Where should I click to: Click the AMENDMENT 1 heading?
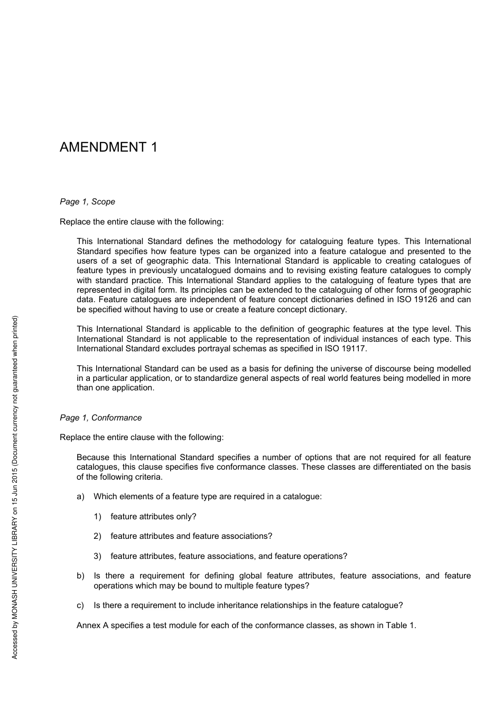[108, 147]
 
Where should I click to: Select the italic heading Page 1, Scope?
[87, 202]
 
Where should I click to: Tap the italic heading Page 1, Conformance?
[100, 418]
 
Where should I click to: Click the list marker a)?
[80, 497]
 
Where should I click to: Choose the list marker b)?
[80, 576]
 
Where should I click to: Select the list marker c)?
[80, 605]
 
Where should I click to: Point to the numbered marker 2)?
[97, 536]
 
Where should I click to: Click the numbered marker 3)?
[97, 556]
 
